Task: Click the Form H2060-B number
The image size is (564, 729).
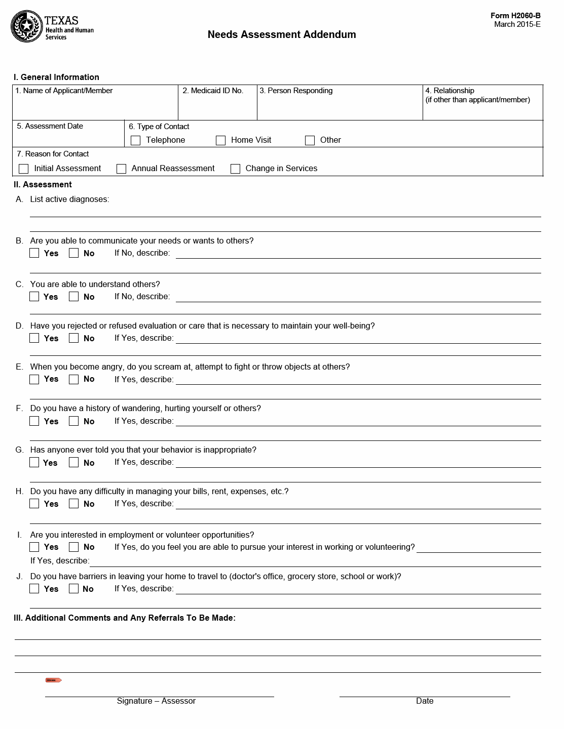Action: coord(515,16)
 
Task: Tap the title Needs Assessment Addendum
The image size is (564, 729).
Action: coord(281,34)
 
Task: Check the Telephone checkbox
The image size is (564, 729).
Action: coord(135,140)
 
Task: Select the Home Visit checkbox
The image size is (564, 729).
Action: coord(220,140)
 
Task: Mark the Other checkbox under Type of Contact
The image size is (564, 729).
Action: coord(310,140)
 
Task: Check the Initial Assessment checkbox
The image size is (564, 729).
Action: coord(23,169)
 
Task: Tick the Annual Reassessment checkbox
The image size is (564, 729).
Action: coord(121,169)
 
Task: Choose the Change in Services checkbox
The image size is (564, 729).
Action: coord(235,169)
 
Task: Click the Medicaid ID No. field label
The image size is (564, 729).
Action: coord(213,91)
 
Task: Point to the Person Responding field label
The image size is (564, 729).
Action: coord(296,91)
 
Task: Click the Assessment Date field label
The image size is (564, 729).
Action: coord(50,126)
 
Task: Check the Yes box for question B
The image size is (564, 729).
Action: coord(34,253)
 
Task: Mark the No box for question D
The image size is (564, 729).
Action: coord(74,338)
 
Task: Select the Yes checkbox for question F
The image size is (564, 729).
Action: coord(34,421)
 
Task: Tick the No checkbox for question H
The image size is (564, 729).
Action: coord(74,503)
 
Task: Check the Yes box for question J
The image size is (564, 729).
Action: coord(34,588)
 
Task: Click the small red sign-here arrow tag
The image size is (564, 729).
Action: coord(53,680)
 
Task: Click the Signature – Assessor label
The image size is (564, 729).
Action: coord(156,701)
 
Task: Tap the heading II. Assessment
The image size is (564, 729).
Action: coord(43,185)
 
